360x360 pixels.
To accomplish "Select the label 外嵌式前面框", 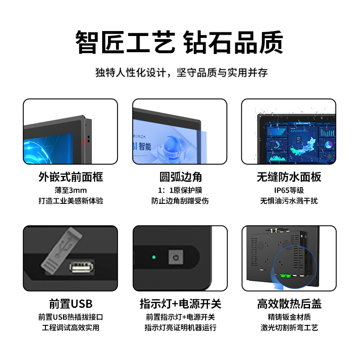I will pyautogui.click(x=71, y=177).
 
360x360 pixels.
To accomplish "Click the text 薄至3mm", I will pyautogui.click(x=71, y=190).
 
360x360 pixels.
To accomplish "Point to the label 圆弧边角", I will pyautogui.click(x=180, y=177).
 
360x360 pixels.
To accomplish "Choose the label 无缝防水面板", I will pyautogui.click(x=289, y=177).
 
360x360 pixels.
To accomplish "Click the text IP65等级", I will pyautogui.click(x=289, y=190).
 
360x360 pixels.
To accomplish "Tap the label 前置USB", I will pyautogui.click(x=71, y=304).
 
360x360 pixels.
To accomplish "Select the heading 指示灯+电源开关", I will pyautogui.click(x=180, y=304).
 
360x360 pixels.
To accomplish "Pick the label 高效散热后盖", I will pyautogui.click(x=289, y=304).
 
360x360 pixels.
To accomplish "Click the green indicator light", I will pyautogui.click(x=153, y=258).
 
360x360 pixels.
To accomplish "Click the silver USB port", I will pyautogui.click(x=82, y=266).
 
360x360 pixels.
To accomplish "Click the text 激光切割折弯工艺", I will pyautogui.click(x=289, y=328).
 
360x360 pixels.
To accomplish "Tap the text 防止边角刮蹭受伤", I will pyautogui.click(x=180, y=201).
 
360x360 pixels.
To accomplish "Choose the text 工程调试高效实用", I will pyautogui.click(x=71, y=328).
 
